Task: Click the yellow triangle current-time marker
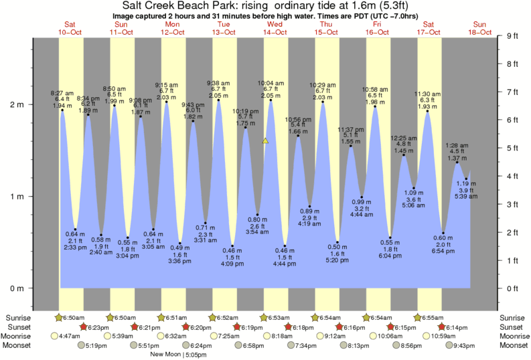click(266, 141)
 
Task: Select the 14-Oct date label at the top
click(275, 31)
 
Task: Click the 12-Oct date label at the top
click(172, 31)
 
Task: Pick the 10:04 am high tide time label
click(271, 83)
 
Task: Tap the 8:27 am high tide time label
click(62, 92)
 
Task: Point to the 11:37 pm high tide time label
click(350, 129)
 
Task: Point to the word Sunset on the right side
click(512, 327)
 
